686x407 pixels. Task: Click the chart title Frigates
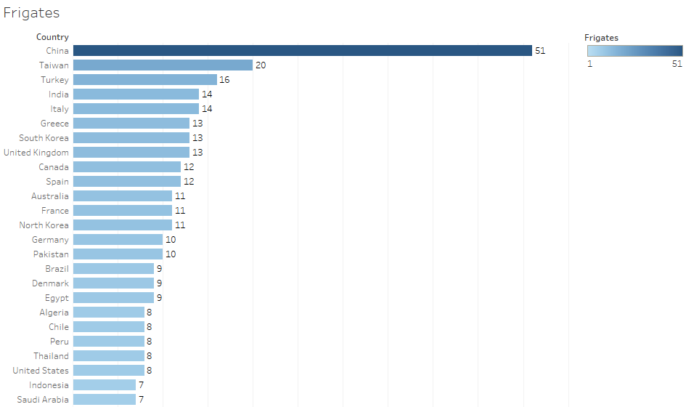point(31,13)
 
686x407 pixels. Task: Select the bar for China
point(302,51)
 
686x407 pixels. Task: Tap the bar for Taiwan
point(163,65)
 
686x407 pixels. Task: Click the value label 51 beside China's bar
point(540,51)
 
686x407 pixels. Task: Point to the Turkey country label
point(54,80)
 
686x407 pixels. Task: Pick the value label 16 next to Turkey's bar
point(224,80)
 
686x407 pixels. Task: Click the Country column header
point(52,37)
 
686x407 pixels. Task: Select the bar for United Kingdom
point(131,153)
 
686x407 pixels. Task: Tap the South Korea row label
point(44,138)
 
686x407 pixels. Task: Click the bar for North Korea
point(122,225)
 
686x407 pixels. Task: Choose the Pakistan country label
point(51,254)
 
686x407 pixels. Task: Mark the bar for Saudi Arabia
point(104,400)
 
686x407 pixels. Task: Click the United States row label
point(41,371)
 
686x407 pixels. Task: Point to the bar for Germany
point(118,240)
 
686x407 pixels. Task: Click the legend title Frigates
point(601,38)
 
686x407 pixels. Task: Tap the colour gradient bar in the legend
point(634,51)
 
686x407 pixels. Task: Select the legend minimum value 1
point(589,64)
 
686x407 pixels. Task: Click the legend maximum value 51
point(677,64)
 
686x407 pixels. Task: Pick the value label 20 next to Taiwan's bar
point(261,65)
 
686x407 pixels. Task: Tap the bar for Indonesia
point(104,385)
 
